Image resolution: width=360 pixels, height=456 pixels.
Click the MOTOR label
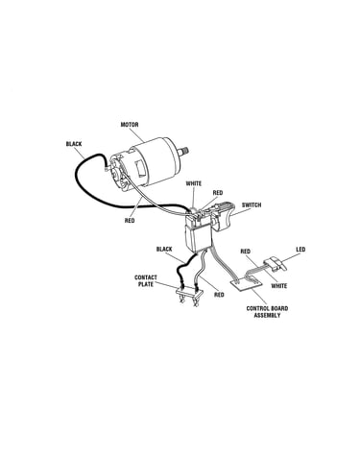(130, 125)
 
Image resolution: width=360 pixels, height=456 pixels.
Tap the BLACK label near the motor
(74, 144)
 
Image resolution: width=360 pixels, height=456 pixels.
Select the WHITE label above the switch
(194, 183)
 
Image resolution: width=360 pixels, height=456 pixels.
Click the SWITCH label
(252, 204)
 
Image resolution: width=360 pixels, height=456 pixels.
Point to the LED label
(300, 249)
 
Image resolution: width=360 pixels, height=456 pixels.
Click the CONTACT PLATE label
(146, 280)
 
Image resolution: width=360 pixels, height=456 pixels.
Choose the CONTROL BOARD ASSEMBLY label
(267, 312)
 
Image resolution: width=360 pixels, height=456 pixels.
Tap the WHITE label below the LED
(279, 285)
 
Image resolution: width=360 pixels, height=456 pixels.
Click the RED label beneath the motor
(130, 221)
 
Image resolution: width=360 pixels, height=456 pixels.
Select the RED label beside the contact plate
(219, 295)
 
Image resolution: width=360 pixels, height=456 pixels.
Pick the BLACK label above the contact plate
(164, 249)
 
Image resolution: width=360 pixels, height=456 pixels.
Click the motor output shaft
(185, 150)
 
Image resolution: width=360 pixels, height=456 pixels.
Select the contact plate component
(189, 295)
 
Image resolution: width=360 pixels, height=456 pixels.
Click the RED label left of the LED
(246, 252)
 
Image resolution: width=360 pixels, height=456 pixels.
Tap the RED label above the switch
(218, 193)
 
